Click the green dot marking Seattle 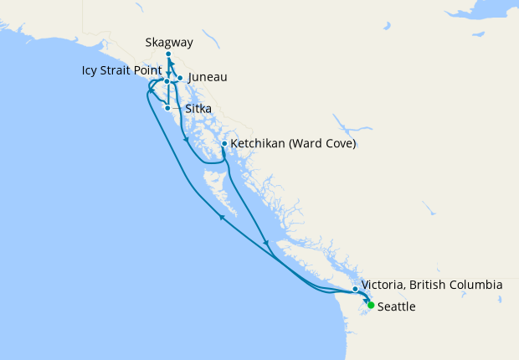[371, 306]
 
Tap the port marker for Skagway [168, 54]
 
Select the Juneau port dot [180, 78]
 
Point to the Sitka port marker [168, 108]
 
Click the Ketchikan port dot [224, 144]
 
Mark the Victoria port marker [355, 289]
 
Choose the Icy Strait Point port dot [167, 81]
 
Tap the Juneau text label [208, 77]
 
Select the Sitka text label [198, 109]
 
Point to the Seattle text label [396, 307]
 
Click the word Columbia [474, 285]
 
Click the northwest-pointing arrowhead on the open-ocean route [222, 217]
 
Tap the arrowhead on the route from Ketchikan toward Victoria [266, 244]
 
